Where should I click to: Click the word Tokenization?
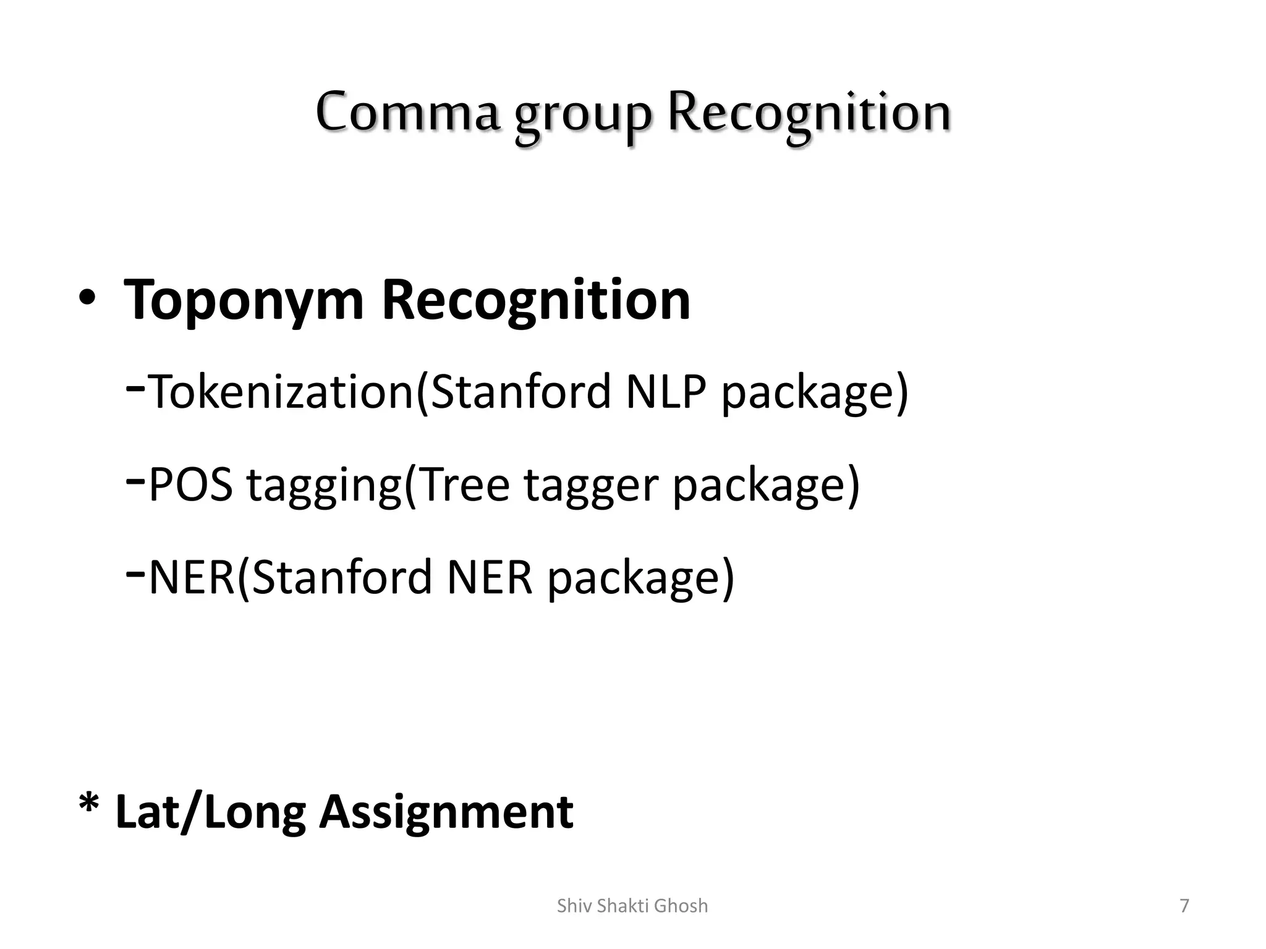point(282,392)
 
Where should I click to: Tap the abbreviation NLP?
point(666,392)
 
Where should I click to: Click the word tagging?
point(325,487)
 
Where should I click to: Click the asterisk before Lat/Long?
point(89,806)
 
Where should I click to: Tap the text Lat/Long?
point(210,812)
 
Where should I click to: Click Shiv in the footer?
point(571,906)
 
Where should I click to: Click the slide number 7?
point(1184,906)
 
